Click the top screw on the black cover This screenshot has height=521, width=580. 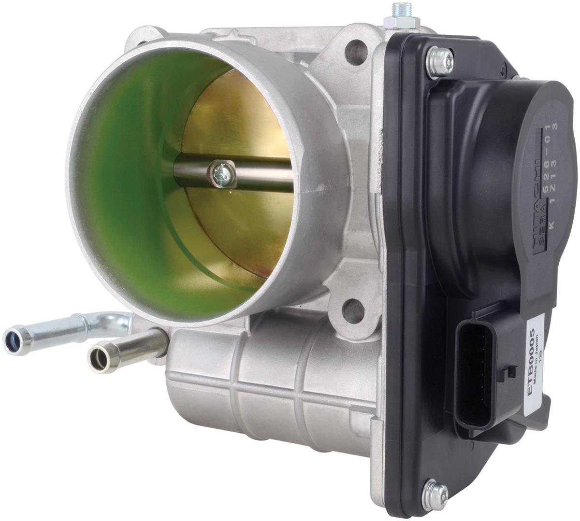point(440,61)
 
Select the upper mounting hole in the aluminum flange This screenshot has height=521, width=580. point(356,52)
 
